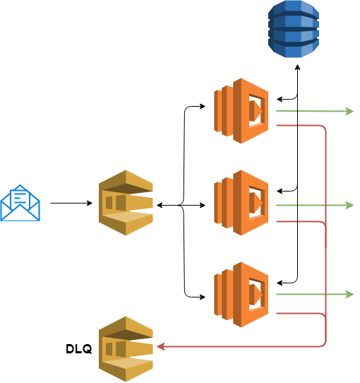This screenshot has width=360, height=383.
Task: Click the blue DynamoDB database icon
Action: (x=293, y=28)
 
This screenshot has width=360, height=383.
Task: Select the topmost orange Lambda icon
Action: (x=241, y=111)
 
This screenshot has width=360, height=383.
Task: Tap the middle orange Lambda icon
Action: (x=241, y=203)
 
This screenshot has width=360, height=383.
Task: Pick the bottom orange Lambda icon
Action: (x=241, y=294)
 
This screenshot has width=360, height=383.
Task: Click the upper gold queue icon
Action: (x=126, y=203)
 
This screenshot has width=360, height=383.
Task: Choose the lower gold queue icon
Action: (x=126, y=348)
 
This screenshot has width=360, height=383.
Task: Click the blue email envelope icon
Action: (x=20, y=204)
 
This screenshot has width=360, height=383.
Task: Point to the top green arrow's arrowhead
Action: (x=349, y=111)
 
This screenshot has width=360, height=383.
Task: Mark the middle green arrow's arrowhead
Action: (x=349, y=205)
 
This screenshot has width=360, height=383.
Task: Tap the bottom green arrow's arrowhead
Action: (x=349, y=294)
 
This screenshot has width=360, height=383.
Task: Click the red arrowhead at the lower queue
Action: (x=160, y=346)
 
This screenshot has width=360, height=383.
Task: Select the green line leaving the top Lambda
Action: (x=311, y=111)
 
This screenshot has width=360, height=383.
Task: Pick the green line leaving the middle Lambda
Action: (x=311, y=205)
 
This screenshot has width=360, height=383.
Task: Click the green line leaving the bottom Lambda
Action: (x=311, y=294)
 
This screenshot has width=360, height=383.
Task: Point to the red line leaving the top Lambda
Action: (x=296, y=125)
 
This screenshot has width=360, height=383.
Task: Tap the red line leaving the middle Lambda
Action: (x=296, y=221)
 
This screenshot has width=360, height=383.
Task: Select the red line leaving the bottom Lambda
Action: (x=296, y=312)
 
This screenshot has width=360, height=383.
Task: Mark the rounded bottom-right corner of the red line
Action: (x=324, y=344)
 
